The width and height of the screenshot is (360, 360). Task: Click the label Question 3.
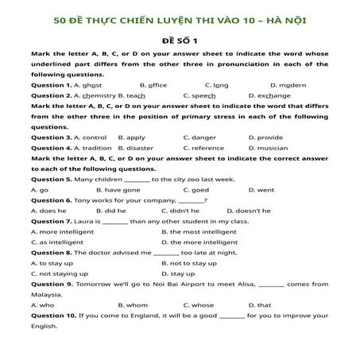pyautogui.click(x=49, y=137)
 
